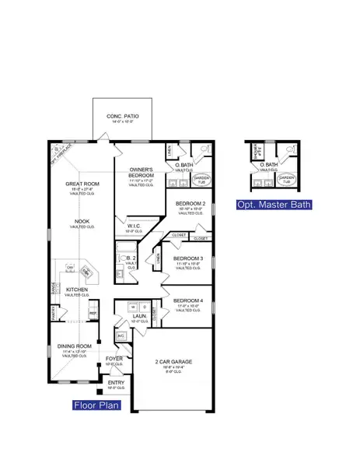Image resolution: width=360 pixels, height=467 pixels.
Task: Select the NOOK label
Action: point(81,221)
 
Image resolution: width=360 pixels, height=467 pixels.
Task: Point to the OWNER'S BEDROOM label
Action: point(141,172)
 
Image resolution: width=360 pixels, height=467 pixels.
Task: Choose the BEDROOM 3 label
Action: point(188,258)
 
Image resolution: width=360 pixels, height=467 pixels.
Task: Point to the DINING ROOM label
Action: point(75,346)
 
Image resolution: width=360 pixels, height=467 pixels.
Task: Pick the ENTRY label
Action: point(115,382)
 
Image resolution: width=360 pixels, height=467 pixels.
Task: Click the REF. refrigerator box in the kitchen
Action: point(93,314)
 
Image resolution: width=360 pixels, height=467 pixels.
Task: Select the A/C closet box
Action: point(120,336)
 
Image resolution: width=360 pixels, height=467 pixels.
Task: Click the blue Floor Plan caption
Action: point(96,405)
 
